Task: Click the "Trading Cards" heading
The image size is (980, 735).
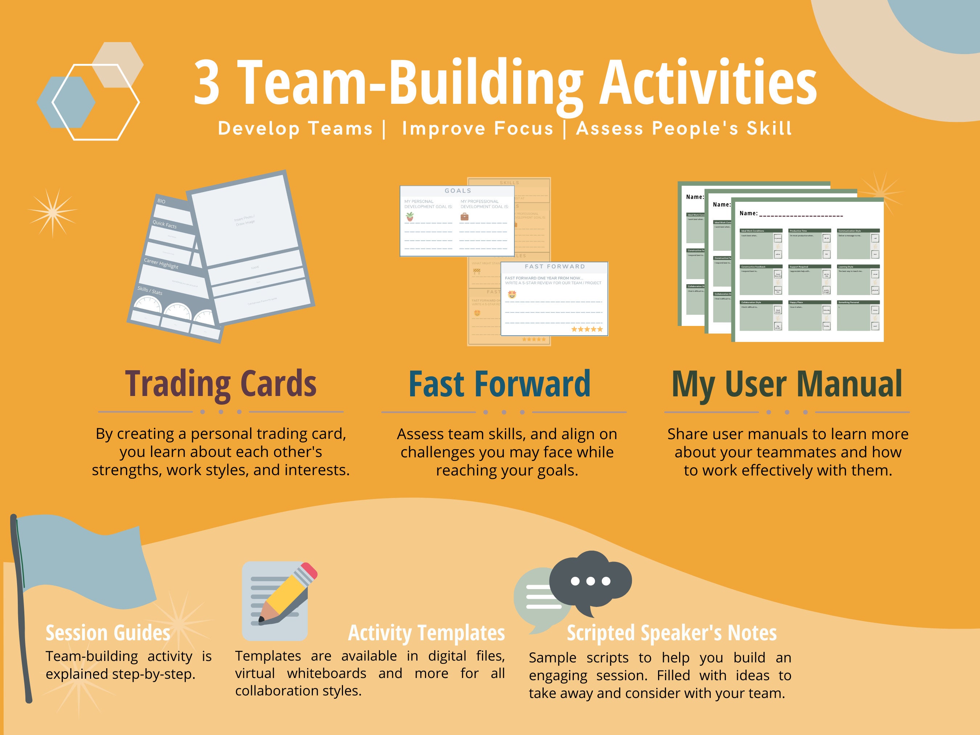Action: tap(221, 384)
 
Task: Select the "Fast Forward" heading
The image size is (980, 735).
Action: tap(499, 384)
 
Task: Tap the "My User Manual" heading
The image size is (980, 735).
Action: tap(787, 384)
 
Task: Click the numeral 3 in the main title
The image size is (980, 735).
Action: tap(207, 83)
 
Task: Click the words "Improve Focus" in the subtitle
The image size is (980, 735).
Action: tap(478, 129)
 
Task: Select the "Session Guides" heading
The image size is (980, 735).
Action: tap(108, 633)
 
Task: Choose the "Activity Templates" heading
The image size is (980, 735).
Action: tap(426, 633)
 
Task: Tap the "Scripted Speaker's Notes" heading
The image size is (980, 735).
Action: tap(671, 633)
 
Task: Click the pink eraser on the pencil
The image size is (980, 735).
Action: tap(309, 571)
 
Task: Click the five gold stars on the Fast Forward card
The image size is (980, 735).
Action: tap(587, 329)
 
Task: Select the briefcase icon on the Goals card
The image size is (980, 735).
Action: tap(464, 217)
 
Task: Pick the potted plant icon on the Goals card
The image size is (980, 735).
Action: tap(410, 217)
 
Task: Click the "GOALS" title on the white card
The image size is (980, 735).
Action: tap(458, 191)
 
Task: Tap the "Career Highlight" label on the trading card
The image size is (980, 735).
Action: tap(161, 264)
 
